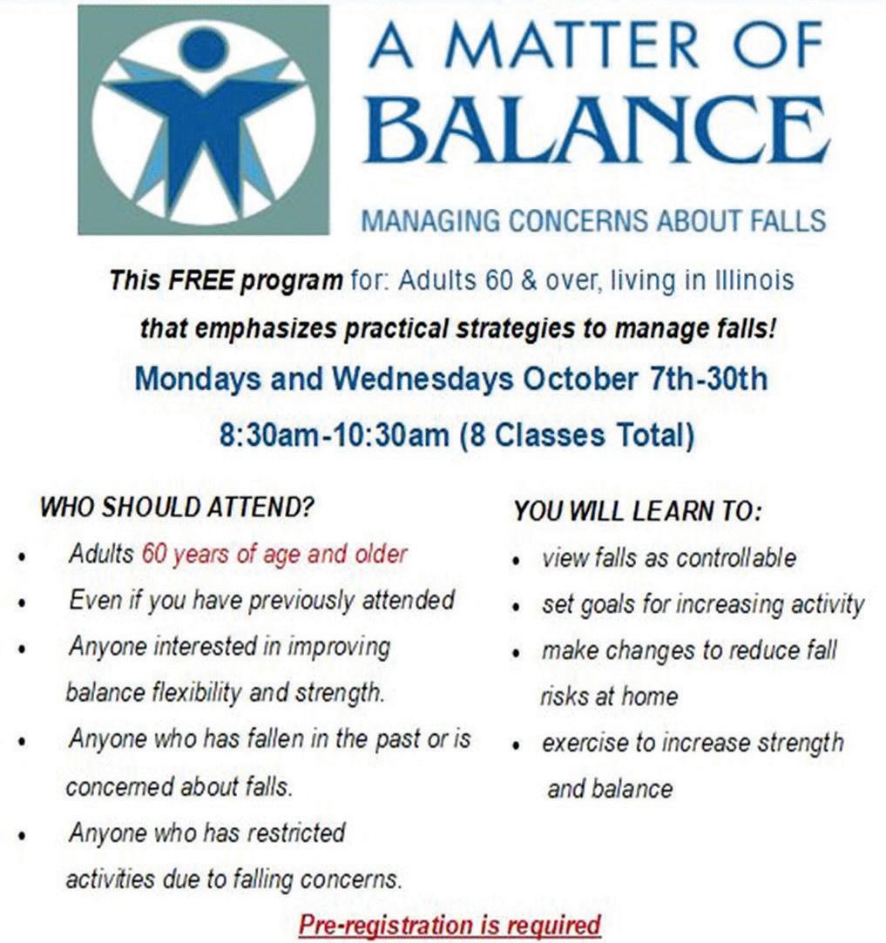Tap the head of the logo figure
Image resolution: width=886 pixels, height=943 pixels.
[x=204, y=48]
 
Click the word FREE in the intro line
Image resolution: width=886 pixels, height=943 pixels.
[x=200, y=280]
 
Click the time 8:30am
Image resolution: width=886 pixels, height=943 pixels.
[x=267, y=434]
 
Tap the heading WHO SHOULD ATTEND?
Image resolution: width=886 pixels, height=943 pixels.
[x=177, y=507]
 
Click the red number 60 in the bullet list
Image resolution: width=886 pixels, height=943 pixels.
[x=154, y=554]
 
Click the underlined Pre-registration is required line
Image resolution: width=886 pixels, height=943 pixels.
[x=450, y=925]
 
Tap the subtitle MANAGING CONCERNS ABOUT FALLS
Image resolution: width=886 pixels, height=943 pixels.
[x=593, y=220]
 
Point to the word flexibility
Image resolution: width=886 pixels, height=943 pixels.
[x=196, y=693]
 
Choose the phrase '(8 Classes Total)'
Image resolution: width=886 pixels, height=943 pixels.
[x=577, y=435]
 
